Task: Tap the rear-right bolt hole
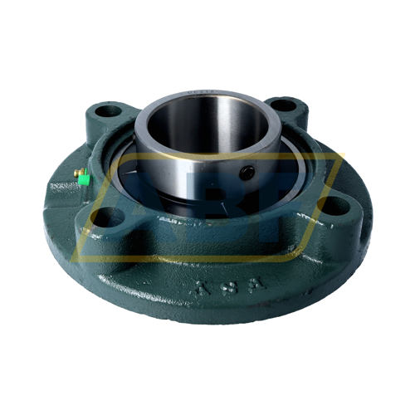282,105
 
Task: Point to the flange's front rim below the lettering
224,311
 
